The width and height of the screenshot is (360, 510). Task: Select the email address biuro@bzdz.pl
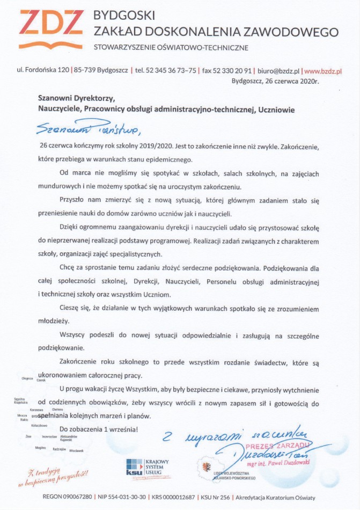tap(278, 70)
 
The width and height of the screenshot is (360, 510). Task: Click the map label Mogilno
tap(40, 447)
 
